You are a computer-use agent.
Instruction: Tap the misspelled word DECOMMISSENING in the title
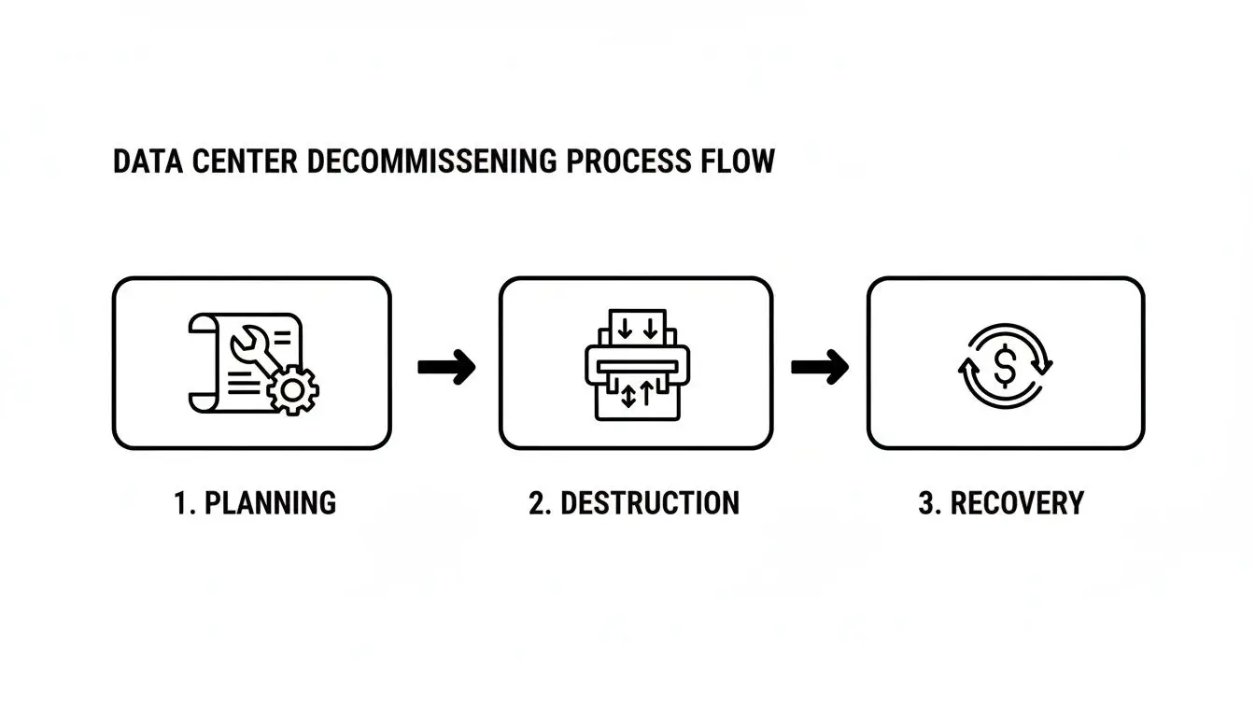pos(431,162)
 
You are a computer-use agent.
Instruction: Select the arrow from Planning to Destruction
pos(446,367)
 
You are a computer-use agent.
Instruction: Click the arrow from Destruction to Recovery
pos(820,367)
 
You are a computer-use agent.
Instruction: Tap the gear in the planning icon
pos(292,388)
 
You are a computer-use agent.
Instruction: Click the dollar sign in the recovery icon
pos(1005,366)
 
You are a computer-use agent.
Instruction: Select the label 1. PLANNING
pos(255,503)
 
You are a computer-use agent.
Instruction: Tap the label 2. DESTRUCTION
pos(634,503)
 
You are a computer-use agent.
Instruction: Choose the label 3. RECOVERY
pos(1001,503)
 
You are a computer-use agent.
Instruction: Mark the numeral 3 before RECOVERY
pos(927,503)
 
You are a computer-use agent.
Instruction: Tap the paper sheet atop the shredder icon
pos(636,328)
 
